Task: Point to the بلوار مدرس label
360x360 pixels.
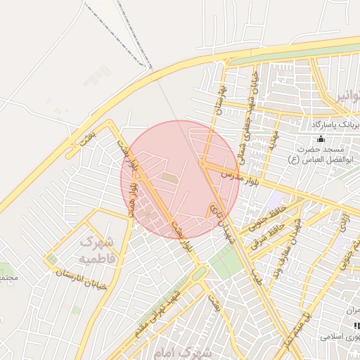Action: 241,173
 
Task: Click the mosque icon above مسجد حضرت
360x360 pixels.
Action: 321,139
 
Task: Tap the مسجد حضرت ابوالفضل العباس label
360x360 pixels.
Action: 316,155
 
